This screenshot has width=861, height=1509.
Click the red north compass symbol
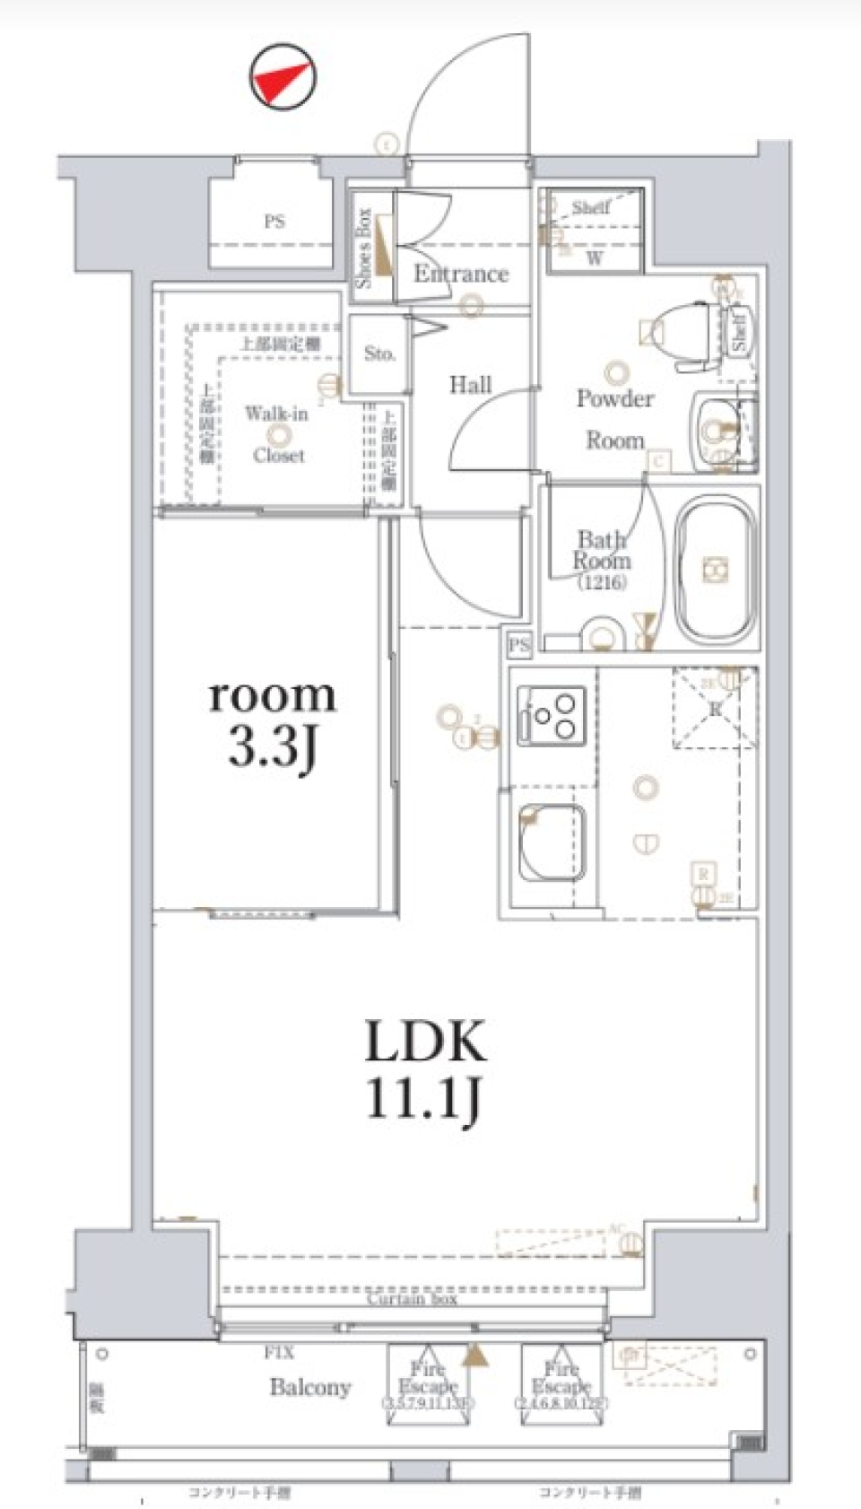pos(283,77)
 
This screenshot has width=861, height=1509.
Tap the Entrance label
pos(460,274)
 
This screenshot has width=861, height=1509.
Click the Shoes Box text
pos(363,248)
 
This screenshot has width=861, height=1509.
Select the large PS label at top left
pos(274,221)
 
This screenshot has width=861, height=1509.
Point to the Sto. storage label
pos(379,353)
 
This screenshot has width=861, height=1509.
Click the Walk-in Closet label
pos(277,434)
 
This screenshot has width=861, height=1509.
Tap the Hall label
pos(470,385)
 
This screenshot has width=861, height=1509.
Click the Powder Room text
pos(614,418)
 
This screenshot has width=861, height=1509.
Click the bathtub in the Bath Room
pos(715,570)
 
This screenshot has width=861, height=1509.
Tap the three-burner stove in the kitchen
pos(551,716)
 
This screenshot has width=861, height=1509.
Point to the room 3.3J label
pos(272,720)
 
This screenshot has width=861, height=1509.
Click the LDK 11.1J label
pos(425,1069)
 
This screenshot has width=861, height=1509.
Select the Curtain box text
pos(412,1298)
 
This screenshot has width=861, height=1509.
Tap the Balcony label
pos(309,1387)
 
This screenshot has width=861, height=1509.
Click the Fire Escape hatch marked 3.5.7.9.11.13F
pos(429,1384)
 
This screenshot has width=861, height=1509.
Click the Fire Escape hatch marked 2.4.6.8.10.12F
pos(561,1384)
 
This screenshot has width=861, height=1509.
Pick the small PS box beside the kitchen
pos(518,644)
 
